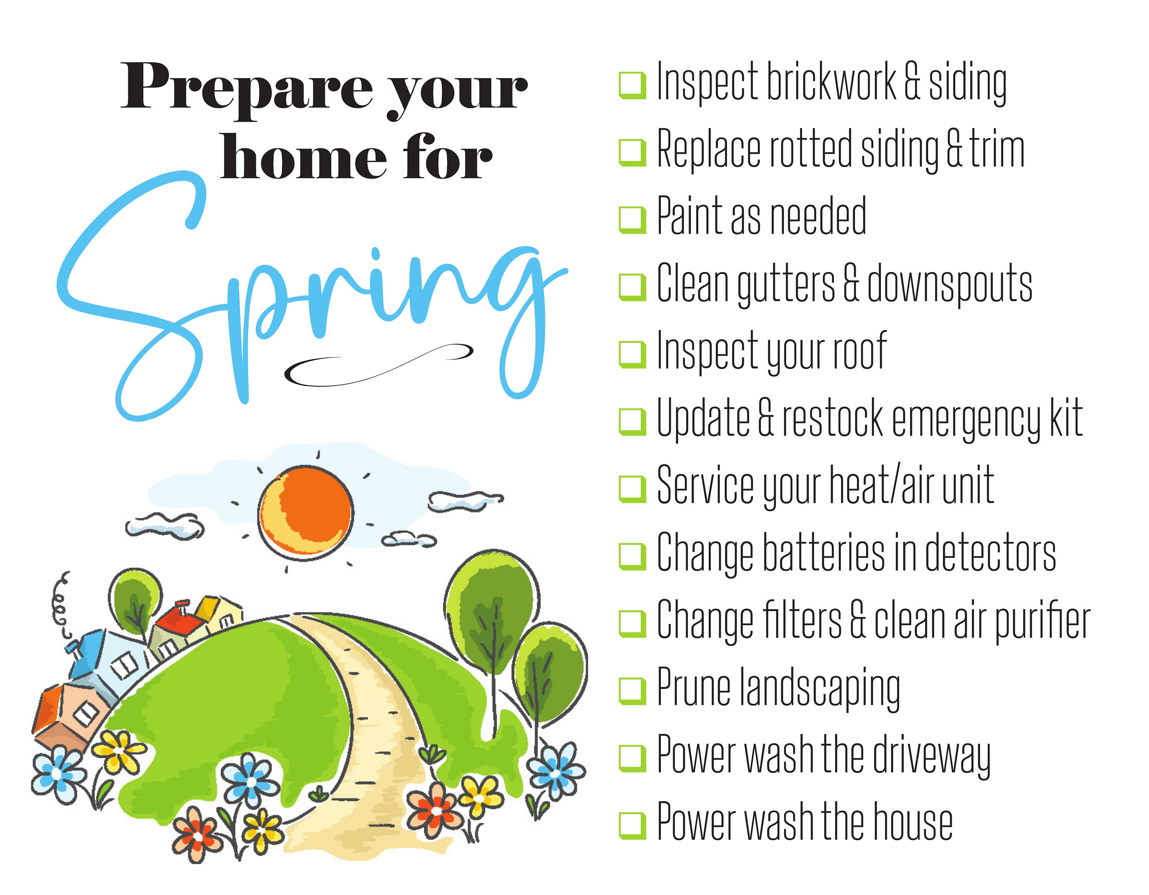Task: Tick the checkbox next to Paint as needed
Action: (632, 220)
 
